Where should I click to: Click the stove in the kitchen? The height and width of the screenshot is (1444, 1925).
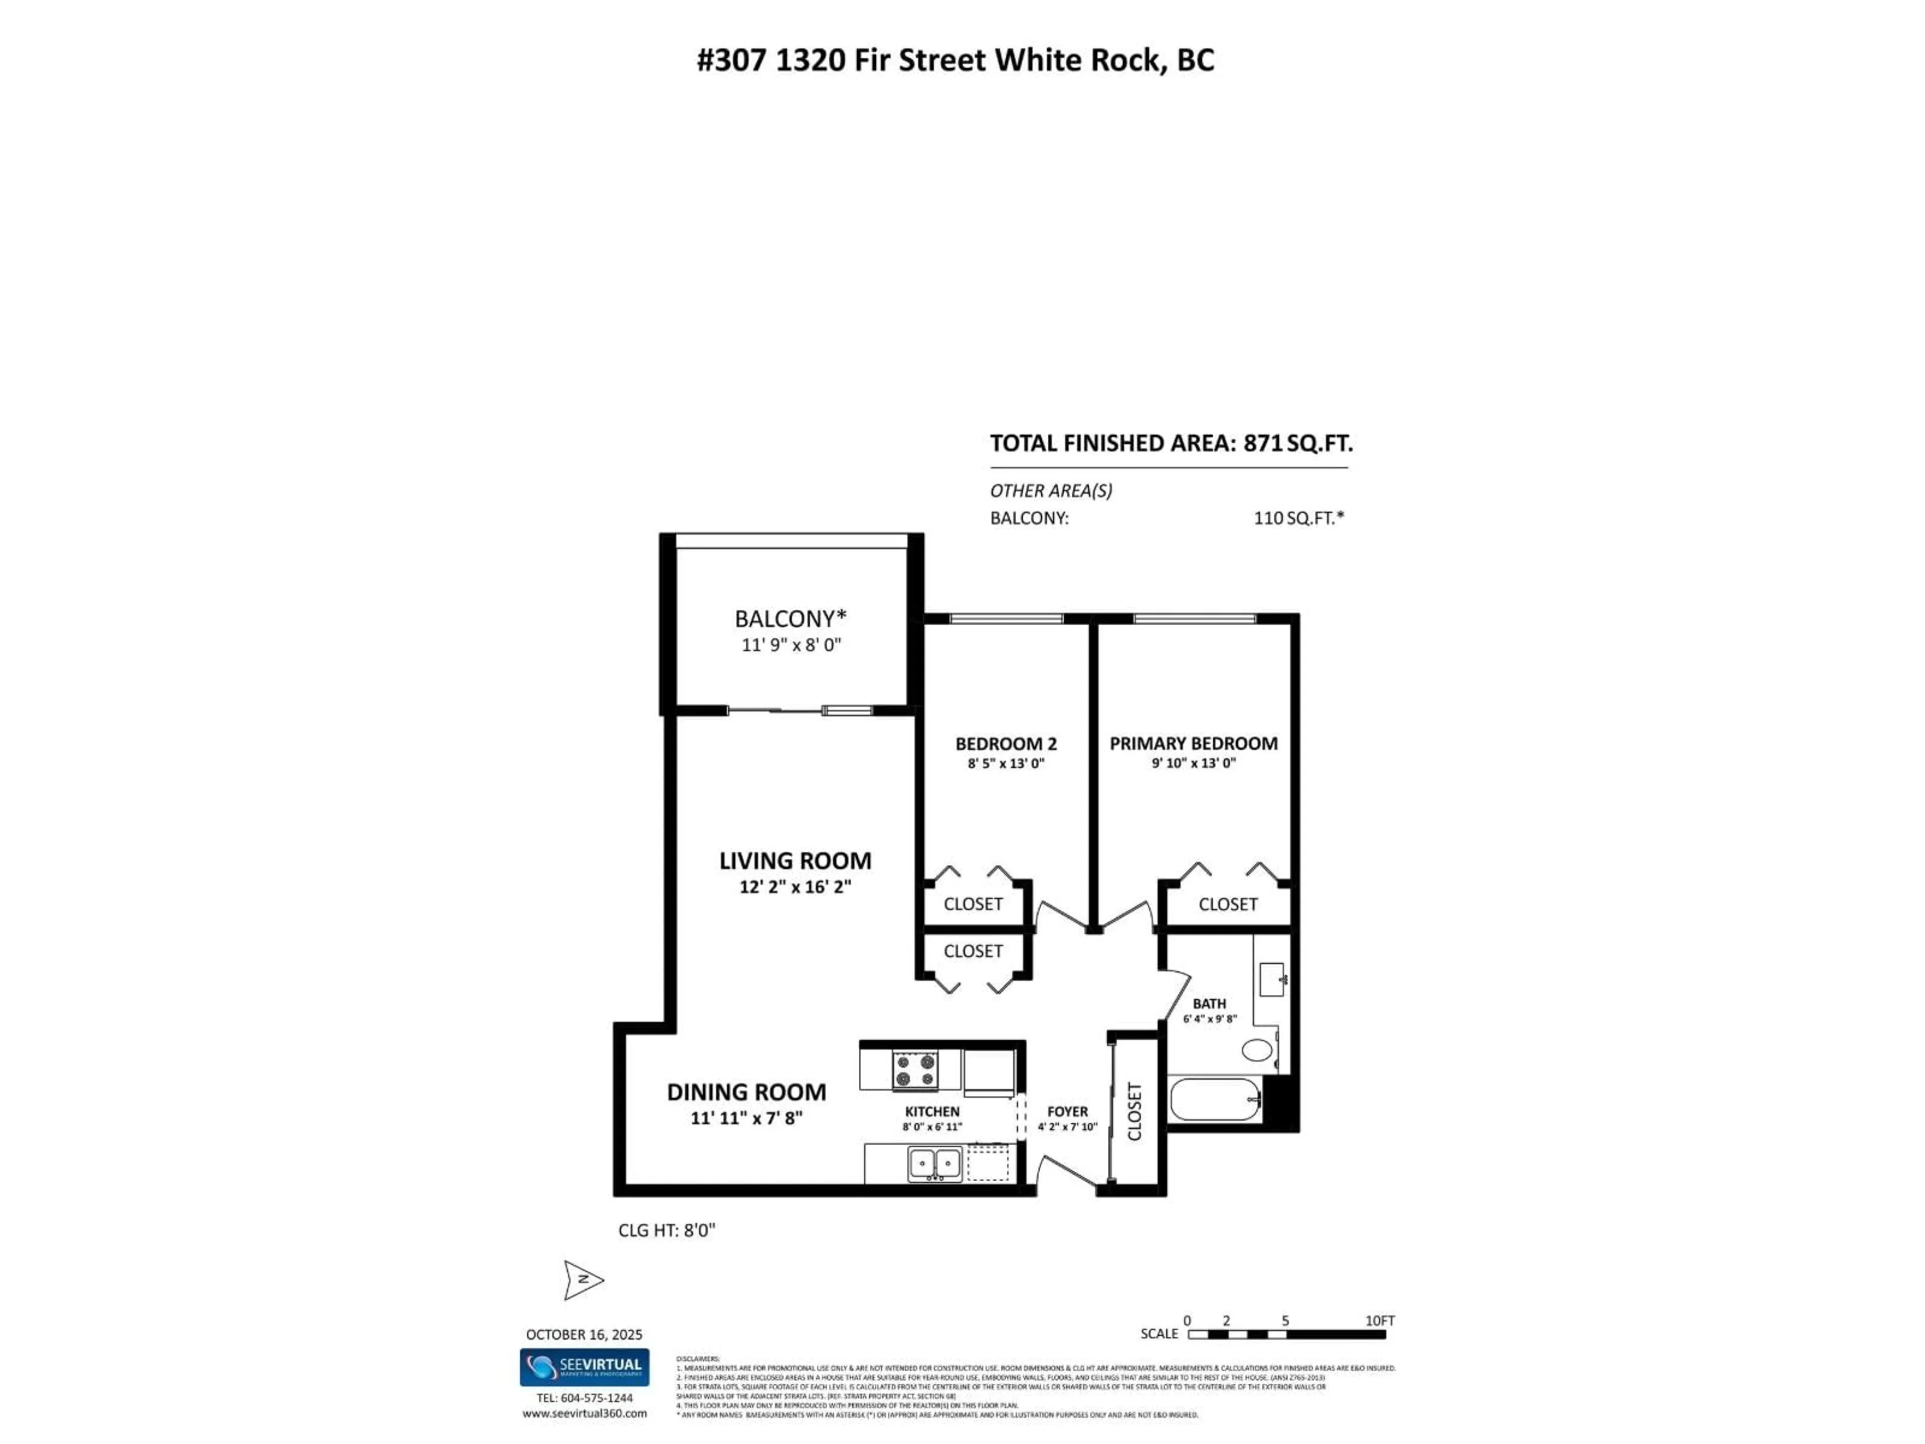coord(915,1070)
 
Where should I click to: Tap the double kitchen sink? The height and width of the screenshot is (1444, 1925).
coord(934,1164)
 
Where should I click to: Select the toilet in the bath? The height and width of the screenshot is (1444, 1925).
coord(1257,1049)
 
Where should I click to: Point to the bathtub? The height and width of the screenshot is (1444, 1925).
coord(1215,1100)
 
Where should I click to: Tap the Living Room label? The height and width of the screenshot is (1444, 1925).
coord(795,861)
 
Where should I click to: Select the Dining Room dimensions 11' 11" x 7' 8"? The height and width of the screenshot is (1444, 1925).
coord(746,1118)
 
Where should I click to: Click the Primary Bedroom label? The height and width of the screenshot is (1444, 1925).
coord(1193,744)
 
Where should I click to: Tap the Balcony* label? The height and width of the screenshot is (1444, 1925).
coord(790,619)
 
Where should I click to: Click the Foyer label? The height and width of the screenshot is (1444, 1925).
coord(1067,1112)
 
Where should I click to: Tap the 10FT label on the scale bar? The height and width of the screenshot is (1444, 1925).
coord(1380,1320)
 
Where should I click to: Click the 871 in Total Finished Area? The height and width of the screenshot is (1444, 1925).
coord(1263,444)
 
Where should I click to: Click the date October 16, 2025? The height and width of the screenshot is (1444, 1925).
coord(584,1334)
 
